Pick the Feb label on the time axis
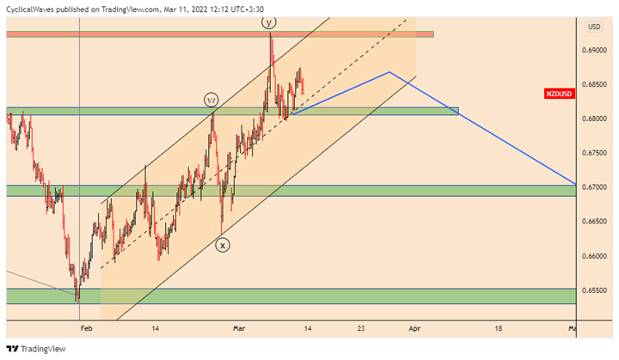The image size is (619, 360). point(85,327)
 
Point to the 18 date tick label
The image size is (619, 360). point(499,327)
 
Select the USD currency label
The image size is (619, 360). point(594,27)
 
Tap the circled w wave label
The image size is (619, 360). point(211,100)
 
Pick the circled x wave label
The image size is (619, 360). point(223,245)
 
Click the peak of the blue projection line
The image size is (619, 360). point(389,72)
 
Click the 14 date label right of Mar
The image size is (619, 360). point(307,327)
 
